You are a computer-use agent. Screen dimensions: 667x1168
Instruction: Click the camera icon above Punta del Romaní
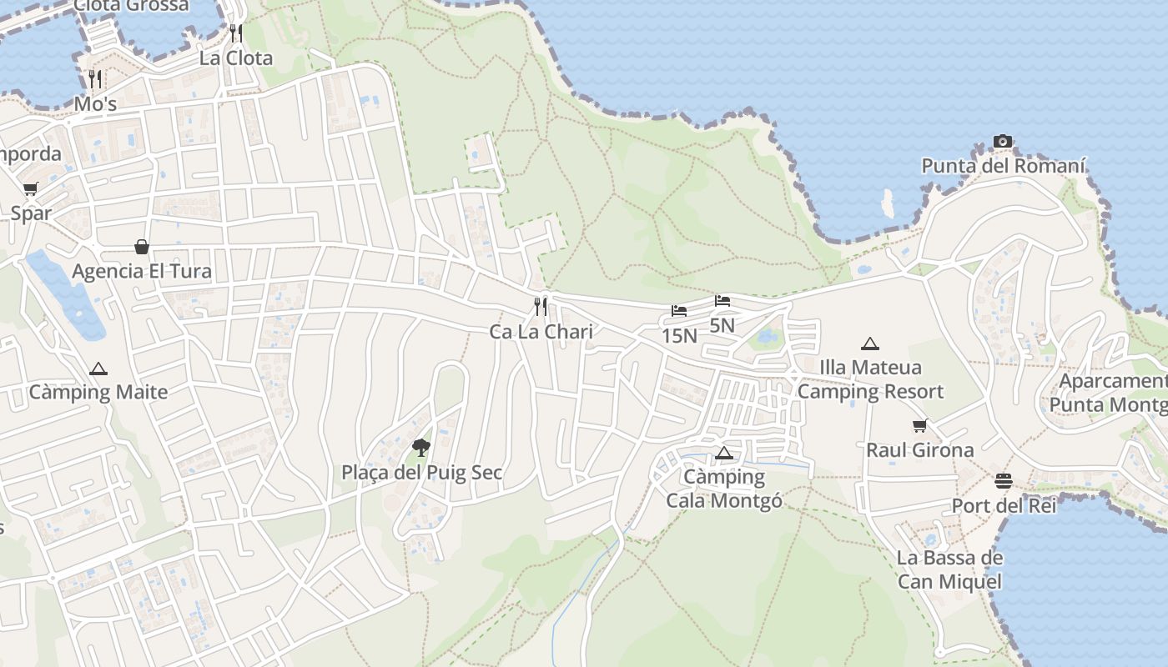[x=1003, y=141]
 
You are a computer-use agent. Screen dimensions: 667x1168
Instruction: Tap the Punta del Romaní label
[x=1003, y=166]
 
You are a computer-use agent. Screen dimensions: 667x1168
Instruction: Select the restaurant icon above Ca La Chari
[x=541, y=307]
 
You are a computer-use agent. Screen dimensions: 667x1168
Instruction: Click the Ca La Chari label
[x=541, y=332]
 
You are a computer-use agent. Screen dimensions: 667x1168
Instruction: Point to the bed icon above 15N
[x=679, y=311]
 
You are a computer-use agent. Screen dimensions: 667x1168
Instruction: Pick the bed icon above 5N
[x=722, y=300]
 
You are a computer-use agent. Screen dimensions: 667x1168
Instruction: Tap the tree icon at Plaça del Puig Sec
[x=421, y=448]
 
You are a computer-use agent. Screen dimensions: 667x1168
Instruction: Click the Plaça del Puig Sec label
[x=421, y=473]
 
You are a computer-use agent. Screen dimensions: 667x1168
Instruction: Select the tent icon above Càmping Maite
[x=98, y=369]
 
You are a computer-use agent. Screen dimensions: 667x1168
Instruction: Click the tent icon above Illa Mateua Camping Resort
[x=870, y=344]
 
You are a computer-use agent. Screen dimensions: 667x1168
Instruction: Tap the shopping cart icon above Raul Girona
[x=919, y=426]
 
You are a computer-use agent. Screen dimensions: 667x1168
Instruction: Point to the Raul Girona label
[x=919, y=450]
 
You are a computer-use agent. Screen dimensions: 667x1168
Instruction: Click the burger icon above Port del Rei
[x=1003, y=481]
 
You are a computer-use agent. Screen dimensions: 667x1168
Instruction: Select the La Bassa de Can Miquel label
[x=949, y=569]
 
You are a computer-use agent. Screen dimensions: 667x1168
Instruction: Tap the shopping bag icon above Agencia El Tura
[x=142, y=247]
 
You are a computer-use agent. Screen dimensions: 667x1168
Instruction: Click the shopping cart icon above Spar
[x=31, y=188]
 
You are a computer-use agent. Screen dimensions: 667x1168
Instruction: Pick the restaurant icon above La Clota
[x=236, y=33]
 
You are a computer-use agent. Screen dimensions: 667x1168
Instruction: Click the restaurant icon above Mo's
[x=95, y=79]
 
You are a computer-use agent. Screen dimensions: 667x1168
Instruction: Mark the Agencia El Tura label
[x=142, y=271]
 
